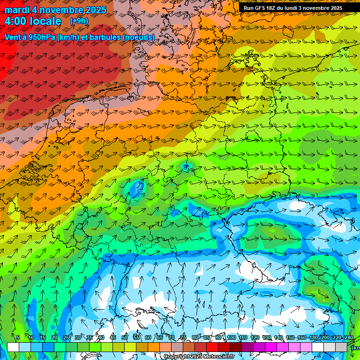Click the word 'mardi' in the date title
(17, 10)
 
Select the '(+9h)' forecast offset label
(79, 21)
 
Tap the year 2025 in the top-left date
(92, 10)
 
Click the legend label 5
(18, 338)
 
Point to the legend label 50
(125, 338)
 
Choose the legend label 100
(231, 338)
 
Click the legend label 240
(349, 338)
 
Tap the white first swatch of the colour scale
(13, 347)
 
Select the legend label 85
(207, 338)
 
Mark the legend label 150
(290, 338)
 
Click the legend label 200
(325, 338)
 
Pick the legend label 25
(66, 338)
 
